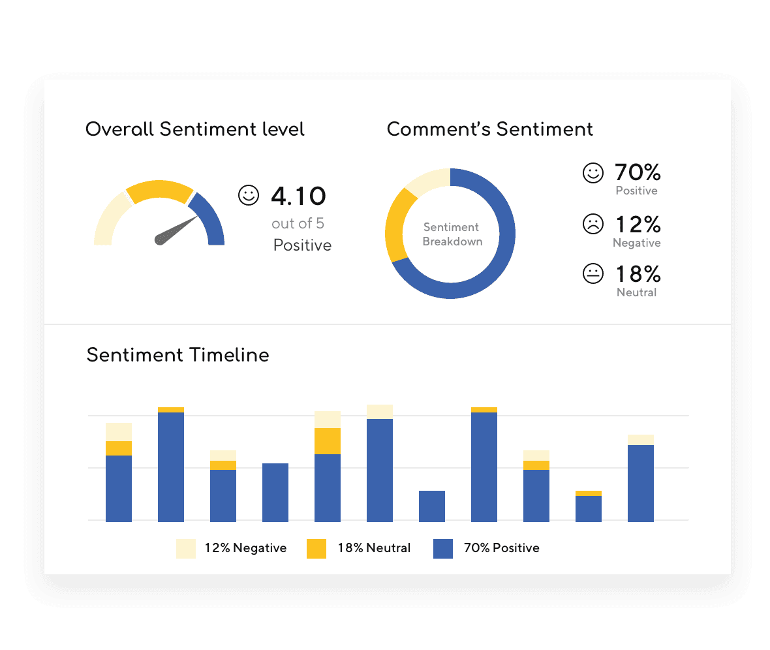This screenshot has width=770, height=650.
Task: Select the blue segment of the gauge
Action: coord(211,219)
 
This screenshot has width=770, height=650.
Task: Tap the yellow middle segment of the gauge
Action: coord(160,189)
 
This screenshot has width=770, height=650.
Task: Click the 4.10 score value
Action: coord(298,196)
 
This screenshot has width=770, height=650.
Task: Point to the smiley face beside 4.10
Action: coord(249,195)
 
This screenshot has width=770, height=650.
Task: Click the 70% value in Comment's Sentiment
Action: coord(638,173)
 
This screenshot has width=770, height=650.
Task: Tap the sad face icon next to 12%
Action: coord(593,224)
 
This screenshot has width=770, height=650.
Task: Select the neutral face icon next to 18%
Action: coord(593,273)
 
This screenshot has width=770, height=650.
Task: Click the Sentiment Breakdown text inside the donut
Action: coord(452,234)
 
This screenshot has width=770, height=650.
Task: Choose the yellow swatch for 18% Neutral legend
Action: coord(316,548)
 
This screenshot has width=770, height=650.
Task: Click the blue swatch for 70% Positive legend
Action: coord(443,548)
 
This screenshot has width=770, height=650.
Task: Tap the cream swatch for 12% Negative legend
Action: coord(186,548)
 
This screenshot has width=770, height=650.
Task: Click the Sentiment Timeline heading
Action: coord(177,355)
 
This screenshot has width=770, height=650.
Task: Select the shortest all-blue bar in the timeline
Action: coord(432,506)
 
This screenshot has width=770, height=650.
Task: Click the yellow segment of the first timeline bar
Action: coord(119,448)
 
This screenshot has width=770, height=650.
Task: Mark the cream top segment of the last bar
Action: coord(641,440)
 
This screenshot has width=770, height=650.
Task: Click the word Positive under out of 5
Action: coord(302,245)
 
